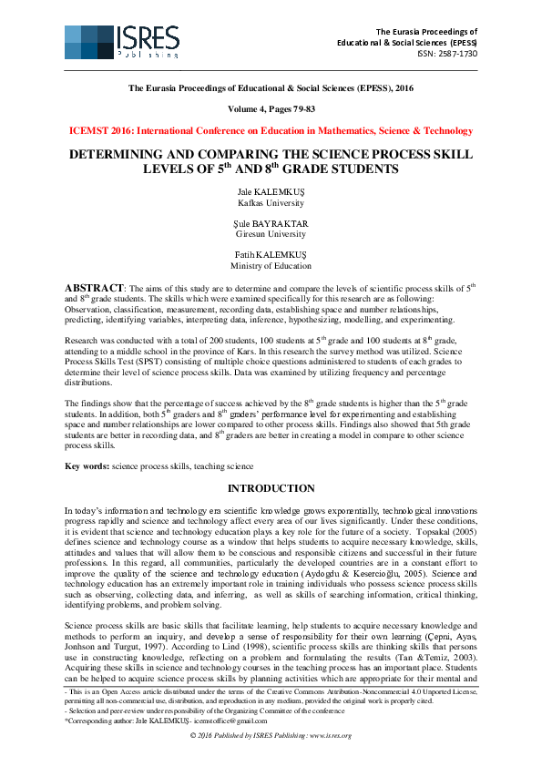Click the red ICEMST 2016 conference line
coord(271,131)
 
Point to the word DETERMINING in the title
coord(118,155)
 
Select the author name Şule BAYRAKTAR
coord(271,223)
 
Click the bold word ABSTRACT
coord(95,288)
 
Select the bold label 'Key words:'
coord(87,466)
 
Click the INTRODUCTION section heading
coord(271,489)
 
